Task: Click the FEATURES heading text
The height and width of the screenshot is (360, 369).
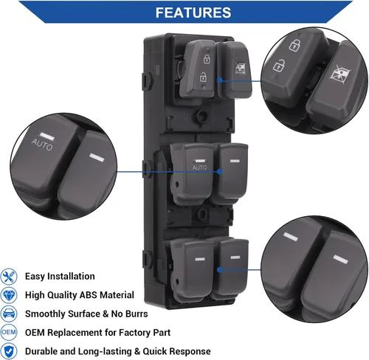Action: pyautogui.click(x=193, y=13)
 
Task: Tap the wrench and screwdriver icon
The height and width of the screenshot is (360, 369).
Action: pyautogui.click(x=9, y=277)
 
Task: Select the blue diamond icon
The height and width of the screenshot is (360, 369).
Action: pyautogui.click(x=9, y=295)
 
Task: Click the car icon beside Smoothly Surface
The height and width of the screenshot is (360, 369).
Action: pyautogui.click(x=9, y=314)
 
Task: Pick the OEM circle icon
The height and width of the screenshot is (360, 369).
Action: pyautogui.click(x=9, y=332)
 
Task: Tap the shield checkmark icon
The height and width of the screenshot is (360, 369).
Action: pyautogui.click(x=9, y=351)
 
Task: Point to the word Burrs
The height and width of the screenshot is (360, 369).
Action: pyautogui.click(x=137, y=314)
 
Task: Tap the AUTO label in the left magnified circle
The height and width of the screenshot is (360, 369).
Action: pyautogui.click(x=42, y=145)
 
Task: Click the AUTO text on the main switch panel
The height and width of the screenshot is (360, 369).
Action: pyautogui.click(x=199, y=167)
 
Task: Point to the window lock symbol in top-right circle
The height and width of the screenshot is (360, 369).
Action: pyautogui.click(x=339, y=74)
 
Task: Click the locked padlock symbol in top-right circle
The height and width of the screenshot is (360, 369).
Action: pyautogui.click(x=294, y=45)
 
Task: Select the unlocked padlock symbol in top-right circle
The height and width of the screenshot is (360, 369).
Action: pyautogui.click(x=279, y=66)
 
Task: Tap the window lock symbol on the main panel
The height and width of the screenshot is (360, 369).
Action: pyautogui.click(x=240, y=68)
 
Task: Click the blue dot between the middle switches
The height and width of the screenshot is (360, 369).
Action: pyautogui.click(x=220, y=171)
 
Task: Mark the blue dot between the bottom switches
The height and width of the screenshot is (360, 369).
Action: pyautogui.click(x=220, y=270)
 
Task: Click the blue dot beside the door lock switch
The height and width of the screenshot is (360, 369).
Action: pyautogui.click(x=220, y=80)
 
